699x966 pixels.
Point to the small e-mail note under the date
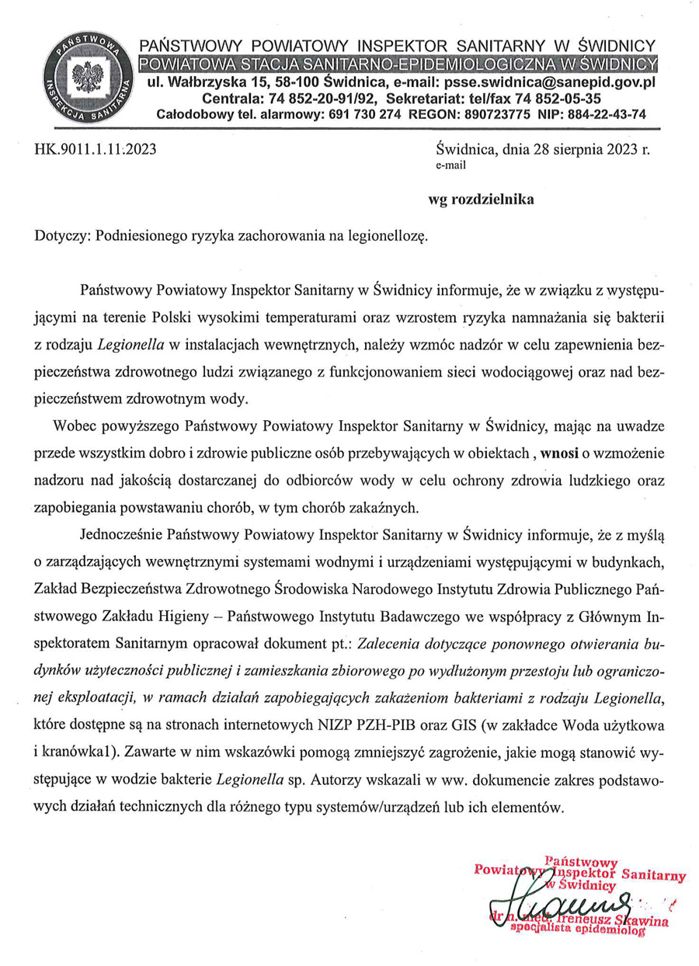(x=451, y=165)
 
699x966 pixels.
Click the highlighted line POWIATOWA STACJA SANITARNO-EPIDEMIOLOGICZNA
(x=396, y=62)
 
